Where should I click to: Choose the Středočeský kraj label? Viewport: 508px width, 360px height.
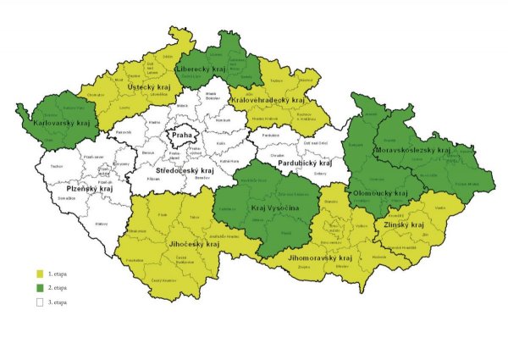click(x=183, y=170)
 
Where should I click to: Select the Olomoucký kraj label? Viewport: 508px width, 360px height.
click(x=383, y=193)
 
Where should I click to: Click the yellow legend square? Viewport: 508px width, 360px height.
click(x=39, y=274)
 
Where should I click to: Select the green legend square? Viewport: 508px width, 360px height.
click(x=39, y=288)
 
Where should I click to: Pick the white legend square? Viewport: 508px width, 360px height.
click(x=39, y=302)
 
